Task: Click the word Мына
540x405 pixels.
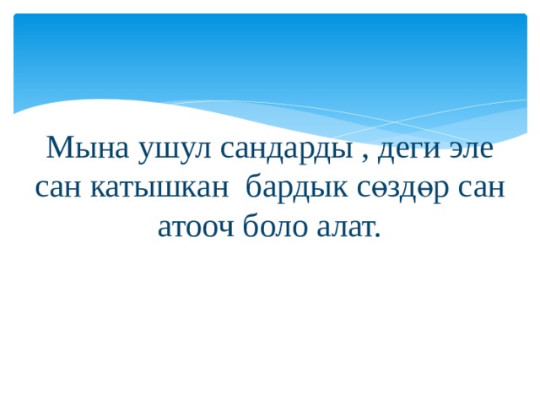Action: (88, 148)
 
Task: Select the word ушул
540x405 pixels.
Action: (174, 152)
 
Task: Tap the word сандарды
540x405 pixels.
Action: (287, 152)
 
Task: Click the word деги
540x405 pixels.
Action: (409, 152)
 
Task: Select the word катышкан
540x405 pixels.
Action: (159, 188)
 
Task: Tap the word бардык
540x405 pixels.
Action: (297, 187)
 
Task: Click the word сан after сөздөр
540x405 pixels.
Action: (482, 188)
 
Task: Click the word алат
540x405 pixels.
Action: (345, 228)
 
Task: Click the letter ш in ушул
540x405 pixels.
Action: (165, 150)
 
